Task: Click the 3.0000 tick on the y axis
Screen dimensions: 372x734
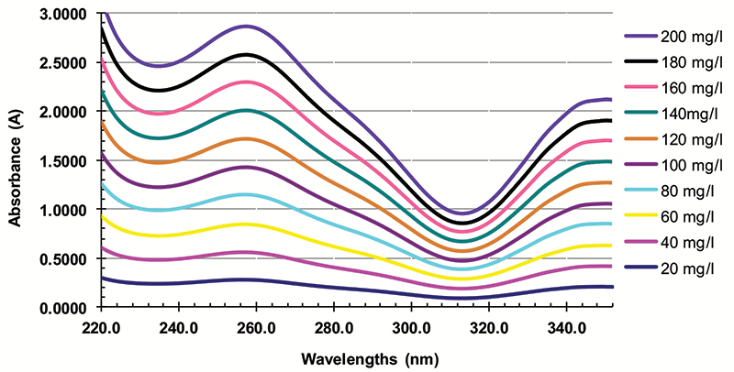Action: coord(69,15)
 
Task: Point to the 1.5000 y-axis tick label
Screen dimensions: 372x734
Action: coord(69,161)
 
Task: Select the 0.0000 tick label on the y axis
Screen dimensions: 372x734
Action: coord(69,308)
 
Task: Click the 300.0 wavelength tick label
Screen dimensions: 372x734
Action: coord(410,326)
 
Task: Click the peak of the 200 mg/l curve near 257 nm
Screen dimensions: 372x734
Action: coord(246,27)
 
